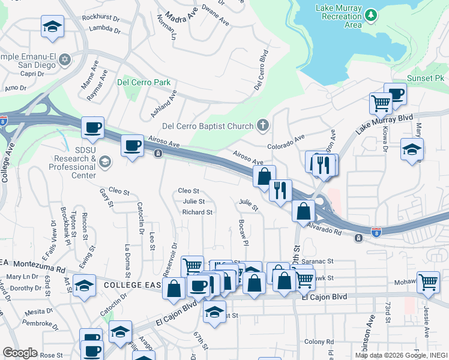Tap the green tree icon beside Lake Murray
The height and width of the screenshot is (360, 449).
tap(372, 14)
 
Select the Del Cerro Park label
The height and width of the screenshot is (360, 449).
tap(144, 83)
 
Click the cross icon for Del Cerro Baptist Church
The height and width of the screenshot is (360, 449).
tap(261, 125)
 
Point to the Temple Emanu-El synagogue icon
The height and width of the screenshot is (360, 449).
tap(65, 59)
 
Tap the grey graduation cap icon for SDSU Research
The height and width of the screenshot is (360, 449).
tap(105, 161)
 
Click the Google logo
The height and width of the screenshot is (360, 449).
tap(20, 353)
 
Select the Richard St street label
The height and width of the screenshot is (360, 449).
tap(197, 212)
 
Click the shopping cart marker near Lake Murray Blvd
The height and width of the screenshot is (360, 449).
tap(381, 103)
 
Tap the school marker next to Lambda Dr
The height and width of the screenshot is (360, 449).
tap(53, 27)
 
